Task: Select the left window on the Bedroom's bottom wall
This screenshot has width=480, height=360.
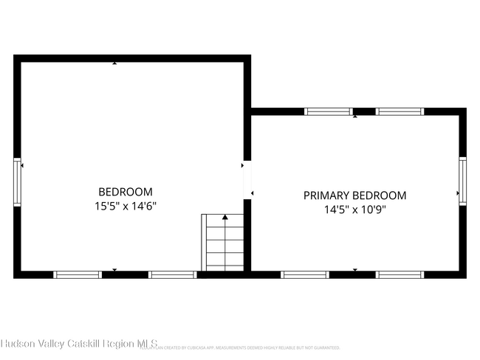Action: click(78, 274)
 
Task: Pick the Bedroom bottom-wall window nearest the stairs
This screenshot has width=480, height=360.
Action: click(172, 274)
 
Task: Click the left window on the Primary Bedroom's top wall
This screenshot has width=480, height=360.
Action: click(329, 111)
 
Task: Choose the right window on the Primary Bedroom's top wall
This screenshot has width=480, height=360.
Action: click(400, 111)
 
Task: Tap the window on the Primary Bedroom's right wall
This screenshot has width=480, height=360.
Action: click(462, 180)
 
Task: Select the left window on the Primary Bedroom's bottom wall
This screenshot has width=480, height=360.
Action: click(305, 274)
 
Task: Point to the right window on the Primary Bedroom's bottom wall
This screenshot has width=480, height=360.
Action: click(400, 274)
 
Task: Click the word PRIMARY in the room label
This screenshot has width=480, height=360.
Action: click(326, 195)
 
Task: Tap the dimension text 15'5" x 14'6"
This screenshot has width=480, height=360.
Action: click(126, 207)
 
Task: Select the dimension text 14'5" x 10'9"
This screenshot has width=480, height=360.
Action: click(355, 210)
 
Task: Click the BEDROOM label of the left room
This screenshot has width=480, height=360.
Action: click(126, 191)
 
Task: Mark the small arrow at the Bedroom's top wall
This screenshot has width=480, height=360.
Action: click(114, 63)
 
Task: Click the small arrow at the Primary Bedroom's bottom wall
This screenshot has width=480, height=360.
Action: click(355, 270)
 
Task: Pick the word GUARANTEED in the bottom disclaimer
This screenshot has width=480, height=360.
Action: click(326, 347)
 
